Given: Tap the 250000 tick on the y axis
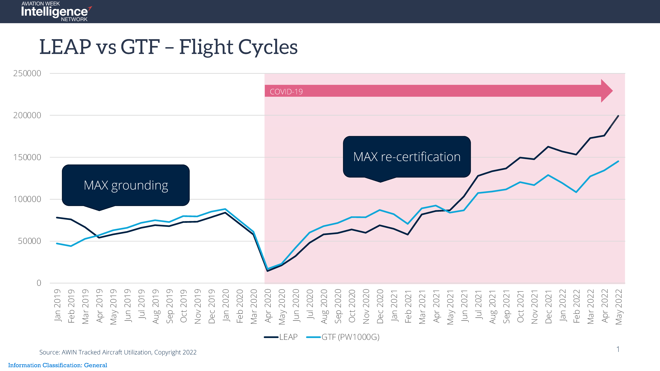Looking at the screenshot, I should point(27,73).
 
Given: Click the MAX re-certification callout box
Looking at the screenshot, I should point(407,157).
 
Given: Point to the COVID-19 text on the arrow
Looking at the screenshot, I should point(286,92).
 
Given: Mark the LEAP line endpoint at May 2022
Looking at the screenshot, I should point(618,116).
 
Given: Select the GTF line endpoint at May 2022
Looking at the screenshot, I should point(618,161).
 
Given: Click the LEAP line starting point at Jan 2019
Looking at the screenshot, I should point(57,218).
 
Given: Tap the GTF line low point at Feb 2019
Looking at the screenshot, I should point(71,246).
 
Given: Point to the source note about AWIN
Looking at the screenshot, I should point(118,352).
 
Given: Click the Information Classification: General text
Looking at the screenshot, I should point(58,365).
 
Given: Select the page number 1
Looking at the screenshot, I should point(618,349).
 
